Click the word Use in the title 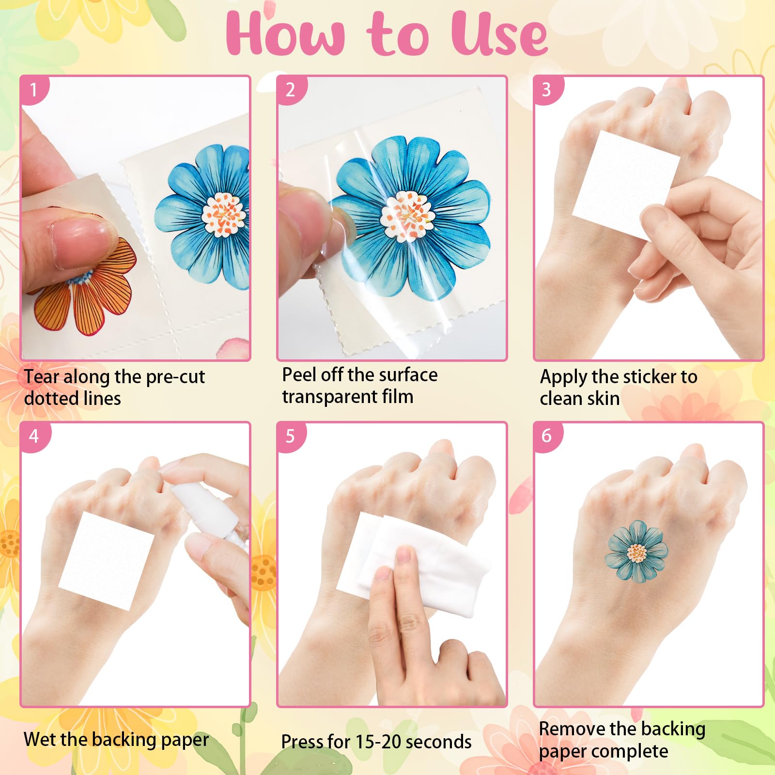coord(499,34)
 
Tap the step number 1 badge coord(33,90)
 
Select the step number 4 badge coord(33,436)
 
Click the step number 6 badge coord(546,435)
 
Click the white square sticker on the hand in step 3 coord(625,184)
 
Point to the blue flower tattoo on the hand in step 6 coord(636,552)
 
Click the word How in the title coord(286,34)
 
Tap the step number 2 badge coord(290,90)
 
